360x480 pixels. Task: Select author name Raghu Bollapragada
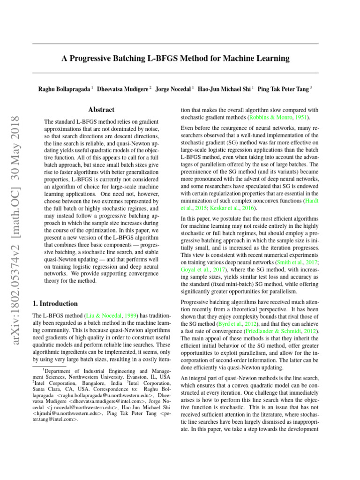coord(65,88)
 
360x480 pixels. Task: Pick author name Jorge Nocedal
coord(173,88)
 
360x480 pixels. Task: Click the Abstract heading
coord(101,110)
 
